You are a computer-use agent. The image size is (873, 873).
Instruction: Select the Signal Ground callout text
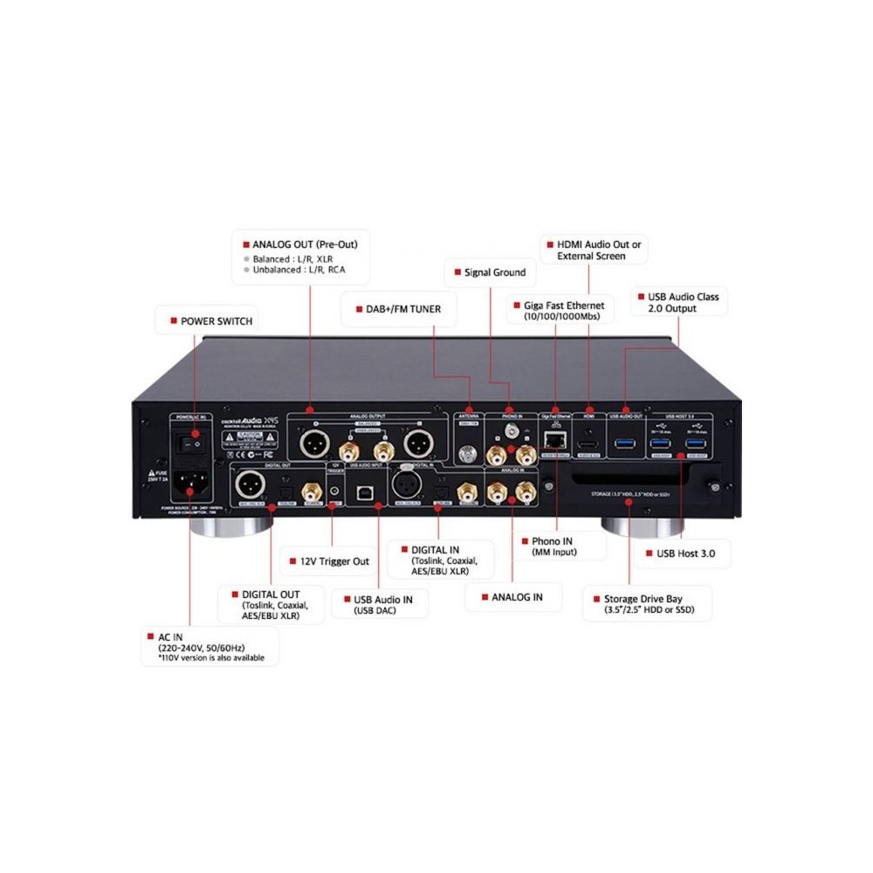point(494,272)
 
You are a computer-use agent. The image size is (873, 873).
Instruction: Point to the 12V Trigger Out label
point(335,560)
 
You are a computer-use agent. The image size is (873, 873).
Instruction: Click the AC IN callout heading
point(173,637)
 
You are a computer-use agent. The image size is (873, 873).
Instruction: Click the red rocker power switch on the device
point(190,444)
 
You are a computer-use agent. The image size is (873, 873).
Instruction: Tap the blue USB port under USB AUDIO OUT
point(626,443)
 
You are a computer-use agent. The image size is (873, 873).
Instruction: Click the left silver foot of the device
point(237,526)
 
